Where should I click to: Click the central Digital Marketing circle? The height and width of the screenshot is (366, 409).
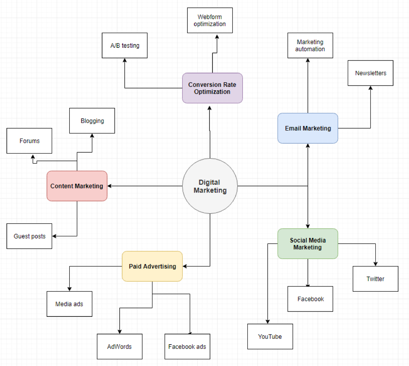point(210,186)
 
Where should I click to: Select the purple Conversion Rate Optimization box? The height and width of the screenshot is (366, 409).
point(212,88)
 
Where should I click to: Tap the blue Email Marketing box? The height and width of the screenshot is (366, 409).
point(308,128)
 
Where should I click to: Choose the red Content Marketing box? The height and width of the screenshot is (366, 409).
point(77,186)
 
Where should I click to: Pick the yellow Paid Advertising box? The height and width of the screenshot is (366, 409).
point(152,266)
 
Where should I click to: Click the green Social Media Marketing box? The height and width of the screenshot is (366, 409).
point(308,243)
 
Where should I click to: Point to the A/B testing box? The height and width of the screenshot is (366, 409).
point(125,45)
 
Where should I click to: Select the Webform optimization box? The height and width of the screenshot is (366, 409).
point(210,21)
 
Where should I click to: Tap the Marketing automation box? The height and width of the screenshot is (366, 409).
point(310,45)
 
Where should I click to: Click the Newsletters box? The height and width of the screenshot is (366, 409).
point(370,73)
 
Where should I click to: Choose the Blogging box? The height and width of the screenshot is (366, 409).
point(92,121)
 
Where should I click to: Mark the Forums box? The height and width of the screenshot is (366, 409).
point(29,141)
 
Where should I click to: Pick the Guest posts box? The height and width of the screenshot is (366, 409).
point(29,236)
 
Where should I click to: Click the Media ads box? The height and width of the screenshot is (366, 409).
point(69,304)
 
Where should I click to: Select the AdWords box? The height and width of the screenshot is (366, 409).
point(119,347)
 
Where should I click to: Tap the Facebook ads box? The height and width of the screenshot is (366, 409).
point(187,347)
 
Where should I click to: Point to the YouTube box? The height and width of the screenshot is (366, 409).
point(270,337)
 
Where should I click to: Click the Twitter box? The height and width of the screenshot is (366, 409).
point(375,279)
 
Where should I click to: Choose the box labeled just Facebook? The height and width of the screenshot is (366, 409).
point(310,299)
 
